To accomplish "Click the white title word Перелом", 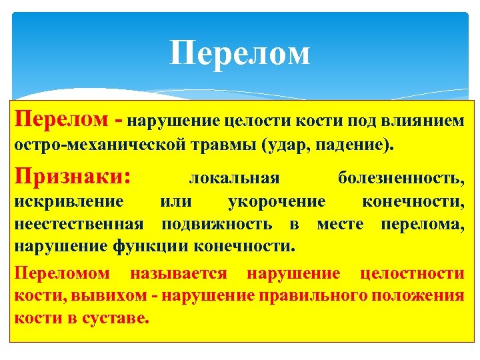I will coord(240,54).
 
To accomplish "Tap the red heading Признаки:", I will coord(73,177).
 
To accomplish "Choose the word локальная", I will coord(234,179).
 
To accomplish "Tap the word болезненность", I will coord(400,179).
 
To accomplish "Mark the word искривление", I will coord(69,202).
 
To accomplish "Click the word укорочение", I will coord(277,202).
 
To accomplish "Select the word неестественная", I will coord(78,223).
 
